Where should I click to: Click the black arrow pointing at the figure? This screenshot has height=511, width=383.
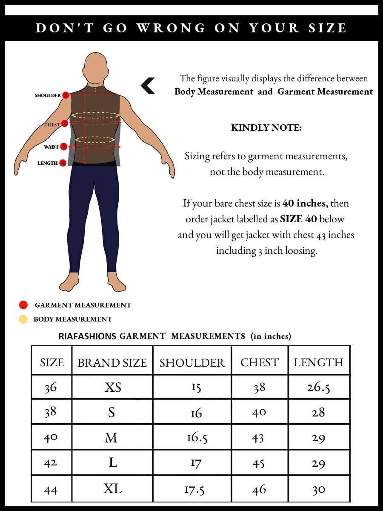[x=148, y=86]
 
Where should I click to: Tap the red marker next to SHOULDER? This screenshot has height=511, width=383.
[x=66, y=95]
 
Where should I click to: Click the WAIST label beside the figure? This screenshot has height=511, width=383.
[x=51, y=146]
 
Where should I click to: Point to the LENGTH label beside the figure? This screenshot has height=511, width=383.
[x=47, y=163]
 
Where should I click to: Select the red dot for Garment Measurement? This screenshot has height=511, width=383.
[x=23, y=305]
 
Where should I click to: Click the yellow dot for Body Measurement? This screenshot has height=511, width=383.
[x=23, y=319]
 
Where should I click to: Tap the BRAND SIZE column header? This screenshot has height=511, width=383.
[x=112, y=362]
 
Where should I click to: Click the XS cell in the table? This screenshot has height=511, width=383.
[x=112, y=387]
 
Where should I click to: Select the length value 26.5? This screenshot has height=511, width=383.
[x=318, y=387]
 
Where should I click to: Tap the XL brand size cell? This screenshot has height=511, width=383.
[x=112, y=488]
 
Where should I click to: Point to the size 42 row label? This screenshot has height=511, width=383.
[x=51, y=463]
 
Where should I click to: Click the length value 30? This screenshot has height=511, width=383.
[x=318, y=490]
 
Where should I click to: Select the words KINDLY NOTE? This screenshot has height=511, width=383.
[x=266, y=128]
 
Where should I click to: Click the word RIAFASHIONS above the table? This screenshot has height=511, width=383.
[x=87, y=336]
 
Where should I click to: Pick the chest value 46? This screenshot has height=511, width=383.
[x=259, y=490]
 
